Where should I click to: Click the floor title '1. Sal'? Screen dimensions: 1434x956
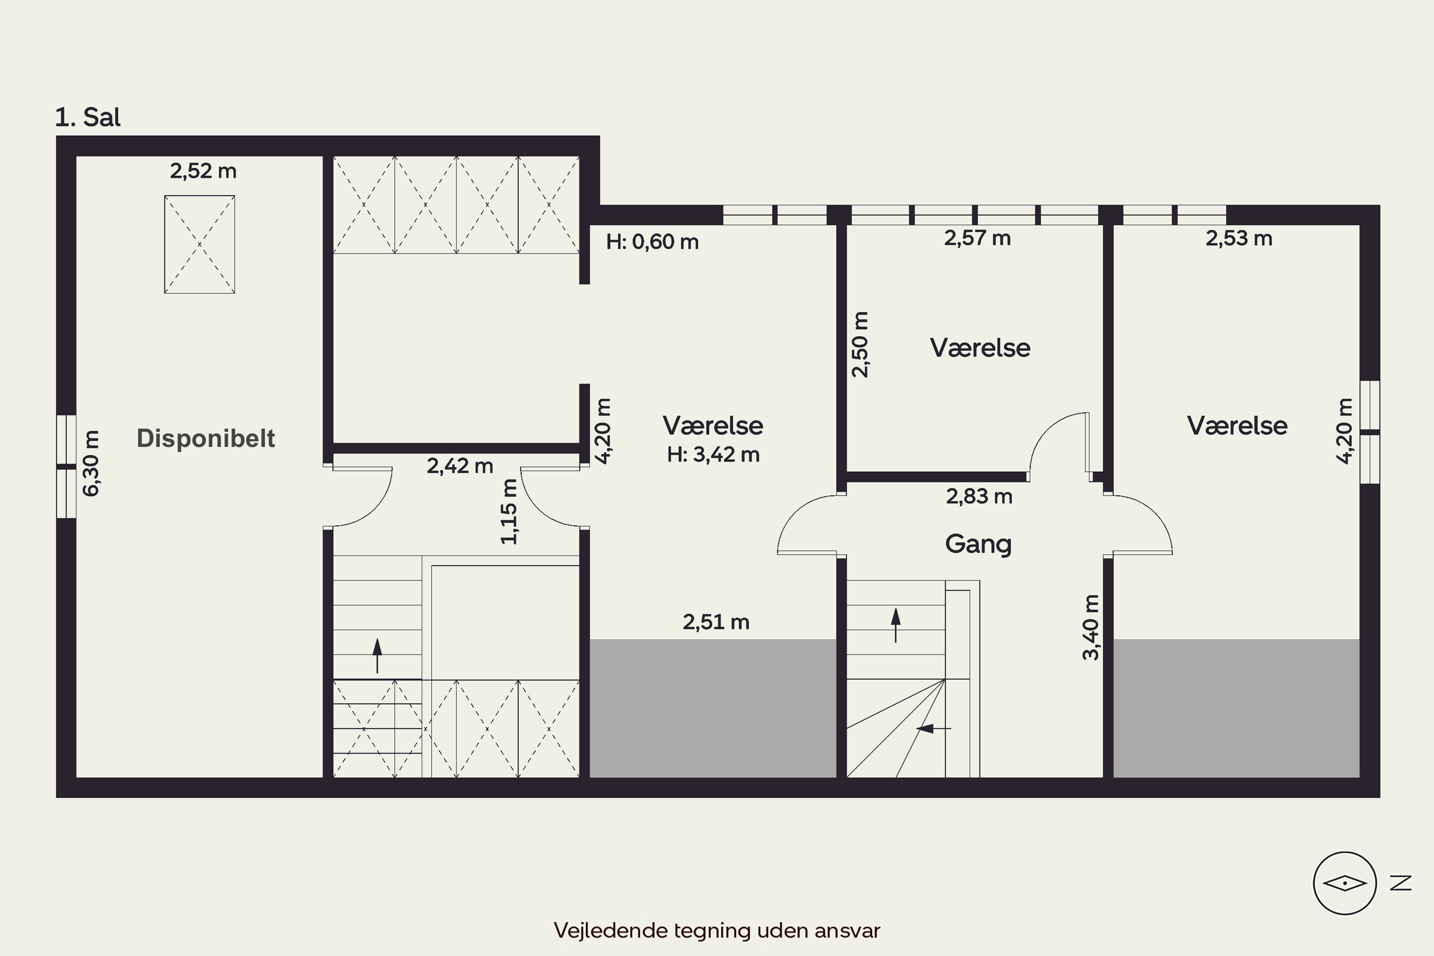(x=88, y=117)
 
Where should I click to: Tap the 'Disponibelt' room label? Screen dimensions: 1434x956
(x=206, y=438)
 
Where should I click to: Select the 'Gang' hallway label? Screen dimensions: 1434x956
(x=978, y=544)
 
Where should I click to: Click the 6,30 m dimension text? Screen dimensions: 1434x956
(x=91, y=463)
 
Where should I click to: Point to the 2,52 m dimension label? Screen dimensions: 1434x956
(x=203, y=171)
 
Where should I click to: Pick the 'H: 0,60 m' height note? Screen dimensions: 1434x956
(x=652, y=242)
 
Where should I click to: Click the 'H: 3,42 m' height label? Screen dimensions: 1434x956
(x=713, y=455)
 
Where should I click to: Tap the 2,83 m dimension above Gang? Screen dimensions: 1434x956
(x=979, y=497)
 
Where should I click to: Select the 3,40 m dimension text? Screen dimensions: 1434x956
(x=1091, y=627)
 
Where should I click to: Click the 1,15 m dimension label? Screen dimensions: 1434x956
(x=509, y=511)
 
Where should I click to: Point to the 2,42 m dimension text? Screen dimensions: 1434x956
(x=460, y=466)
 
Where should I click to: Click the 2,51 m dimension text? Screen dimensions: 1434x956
(x=716, y=622)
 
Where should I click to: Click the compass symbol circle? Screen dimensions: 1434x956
(x=1344, y=883)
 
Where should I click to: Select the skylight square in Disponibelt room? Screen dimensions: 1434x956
(x=199, y=244)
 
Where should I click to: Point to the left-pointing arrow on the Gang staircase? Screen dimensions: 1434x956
(x=934, y=728)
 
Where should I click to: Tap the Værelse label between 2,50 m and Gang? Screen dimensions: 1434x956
(x=980, y=348)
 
